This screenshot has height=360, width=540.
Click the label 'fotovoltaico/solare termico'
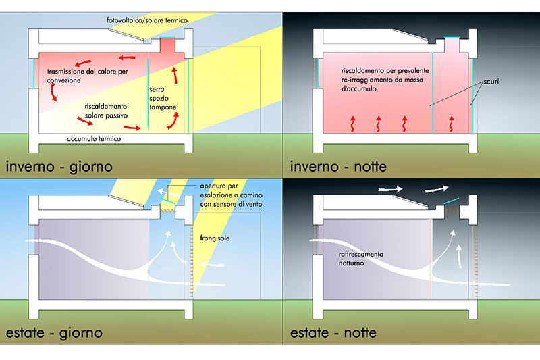point(147,21)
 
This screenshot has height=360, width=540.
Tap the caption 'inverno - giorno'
point(60,165)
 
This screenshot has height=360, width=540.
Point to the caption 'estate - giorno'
point(55,332)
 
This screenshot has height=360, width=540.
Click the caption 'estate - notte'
point(333,332)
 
